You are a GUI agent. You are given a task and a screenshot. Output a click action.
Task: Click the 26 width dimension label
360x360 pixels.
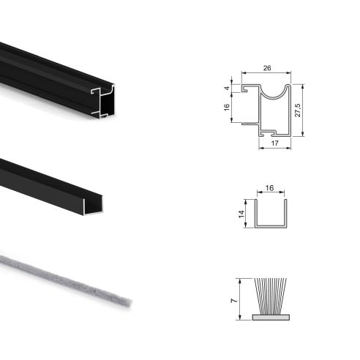pyautogui.click(x=267, y=68)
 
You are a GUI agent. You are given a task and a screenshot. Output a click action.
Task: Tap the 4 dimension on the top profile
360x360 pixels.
pyautogui.click(x=228, y=89)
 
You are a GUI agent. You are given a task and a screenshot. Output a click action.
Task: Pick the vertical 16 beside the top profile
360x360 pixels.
pyautogui.click(x=228, y=108)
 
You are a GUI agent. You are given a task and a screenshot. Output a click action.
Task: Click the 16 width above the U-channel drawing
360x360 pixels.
pyautogui.click(x=269, y=188)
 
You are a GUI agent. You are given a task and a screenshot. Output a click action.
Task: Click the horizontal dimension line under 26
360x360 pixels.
pyautogui.click(x=267, y=74)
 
